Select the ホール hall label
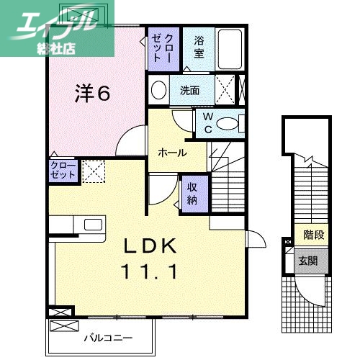click(x=173, y=153)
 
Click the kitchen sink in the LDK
click(x=93, y=224)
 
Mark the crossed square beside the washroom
click(x=226, y=90)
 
